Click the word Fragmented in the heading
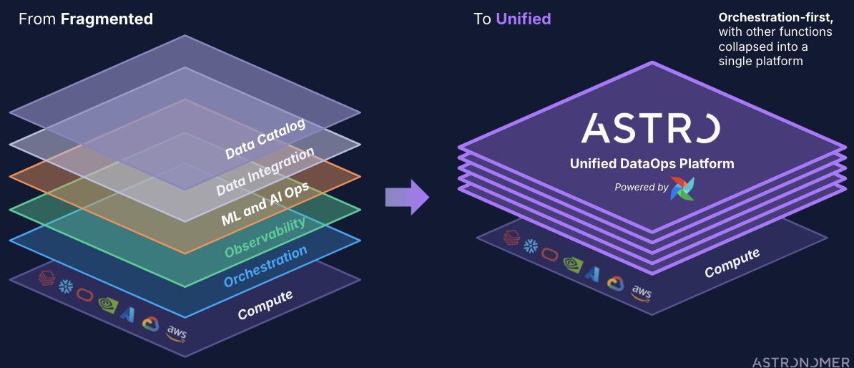[107, 19]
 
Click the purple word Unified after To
[524, 19]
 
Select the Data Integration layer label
[265, 172]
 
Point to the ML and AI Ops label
[265, 204]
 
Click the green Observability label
[265, 236]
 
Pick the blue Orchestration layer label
[265, 265]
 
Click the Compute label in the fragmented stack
[265, 305]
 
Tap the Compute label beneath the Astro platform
[732, 263]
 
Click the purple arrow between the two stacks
[406, 197]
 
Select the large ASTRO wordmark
[650, 127]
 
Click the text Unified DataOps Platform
[652, 164]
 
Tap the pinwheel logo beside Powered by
[682, 188]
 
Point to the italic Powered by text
[641, 187]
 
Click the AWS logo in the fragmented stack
[176, 332]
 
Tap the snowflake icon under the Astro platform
[531, 246]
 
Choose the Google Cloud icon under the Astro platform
[615, 283]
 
